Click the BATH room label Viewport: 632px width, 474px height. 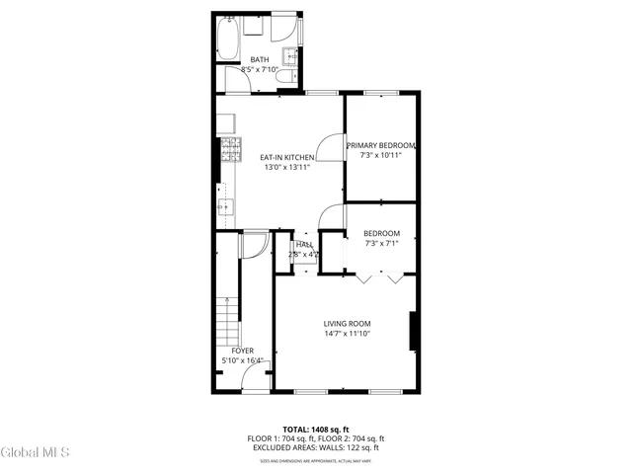click(260, 59)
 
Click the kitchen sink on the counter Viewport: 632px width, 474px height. click(226, 207)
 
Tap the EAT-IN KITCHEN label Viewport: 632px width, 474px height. click(286, 157)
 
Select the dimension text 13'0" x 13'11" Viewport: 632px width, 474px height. click(286, 168)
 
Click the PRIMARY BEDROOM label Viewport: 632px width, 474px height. click(381, 146)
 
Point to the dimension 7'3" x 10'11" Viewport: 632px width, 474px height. click(381, 156)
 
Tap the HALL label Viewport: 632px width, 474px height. click(304, 244)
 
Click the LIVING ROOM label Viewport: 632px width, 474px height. click(347, 323)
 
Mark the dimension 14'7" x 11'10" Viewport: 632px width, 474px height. click(347, 334)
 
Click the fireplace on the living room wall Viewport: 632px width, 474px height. click(414, 331)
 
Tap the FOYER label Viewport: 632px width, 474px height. click(242, 351)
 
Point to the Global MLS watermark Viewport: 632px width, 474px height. click(36, 453)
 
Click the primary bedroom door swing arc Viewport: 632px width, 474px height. click(331, 148)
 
